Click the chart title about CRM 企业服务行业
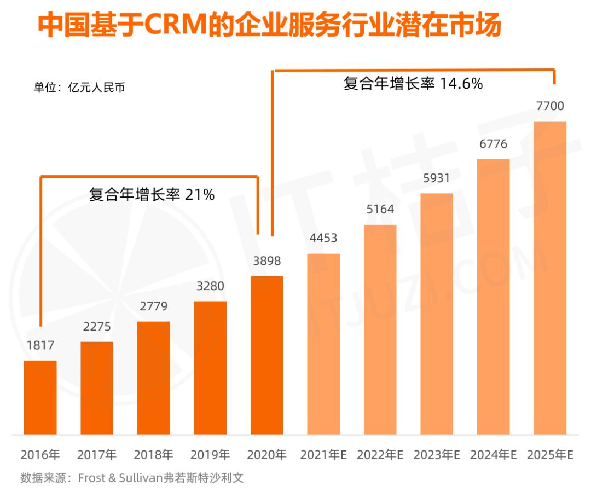point(269,26)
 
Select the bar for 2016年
point(40,397)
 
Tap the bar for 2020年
point(267,355)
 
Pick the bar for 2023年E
point(437,314)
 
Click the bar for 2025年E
point(550,278)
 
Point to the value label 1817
point(40,346)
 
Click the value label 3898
point(267,261)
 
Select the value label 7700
point(550,106)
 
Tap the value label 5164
point(380,210)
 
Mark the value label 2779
point(154,306)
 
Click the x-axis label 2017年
point(97,455)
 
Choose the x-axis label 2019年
point(210,455)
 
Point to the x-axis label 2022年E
point(380,455)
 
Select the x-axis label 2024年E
point(493,455)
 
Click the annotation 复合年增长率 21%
point(152,194)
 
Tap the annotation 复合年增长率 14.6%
point(413,84)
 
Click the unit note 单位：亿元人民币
point(79,87)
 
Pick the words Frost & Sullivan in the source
point(120,478)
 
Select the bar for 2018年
point(154,378)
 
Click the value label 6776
point(493,144)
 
